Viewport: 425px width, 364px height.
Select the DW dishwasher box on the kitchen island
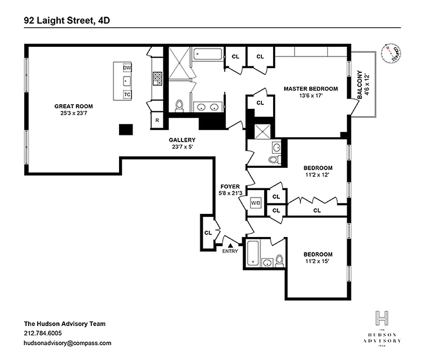point(127,68)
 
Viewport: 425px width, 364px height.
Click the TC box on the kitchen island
point(127,94)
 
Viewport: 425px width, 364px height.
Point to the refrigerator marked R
point(157,121)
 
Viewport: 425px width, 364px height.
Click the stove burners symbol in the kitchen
point(157,78)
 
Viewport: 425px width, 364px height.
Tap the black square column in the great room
point(125,129)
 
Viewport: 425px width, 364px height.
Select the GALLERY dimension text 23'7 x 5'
point(182,147)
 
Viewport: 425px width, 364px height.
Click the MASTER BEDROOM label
point(311,89)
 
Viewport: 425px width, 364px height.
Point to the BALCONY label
point(360,85)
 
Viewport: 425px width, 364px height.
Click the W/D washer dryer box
point(254,202)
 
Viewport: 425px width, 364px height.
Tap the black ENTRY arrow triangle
point(230,245)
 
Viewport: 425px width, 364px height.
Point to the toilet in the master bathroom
point(179,106)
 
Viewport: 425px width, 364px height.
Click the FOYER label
point(230,187)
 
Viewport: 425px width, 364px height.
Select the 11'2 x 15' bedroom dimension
point(318,262)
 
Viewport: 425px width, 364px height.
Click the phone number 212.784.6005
point(43,333)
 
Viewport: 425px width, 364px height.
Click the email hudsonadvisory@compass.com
point(67,343)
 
